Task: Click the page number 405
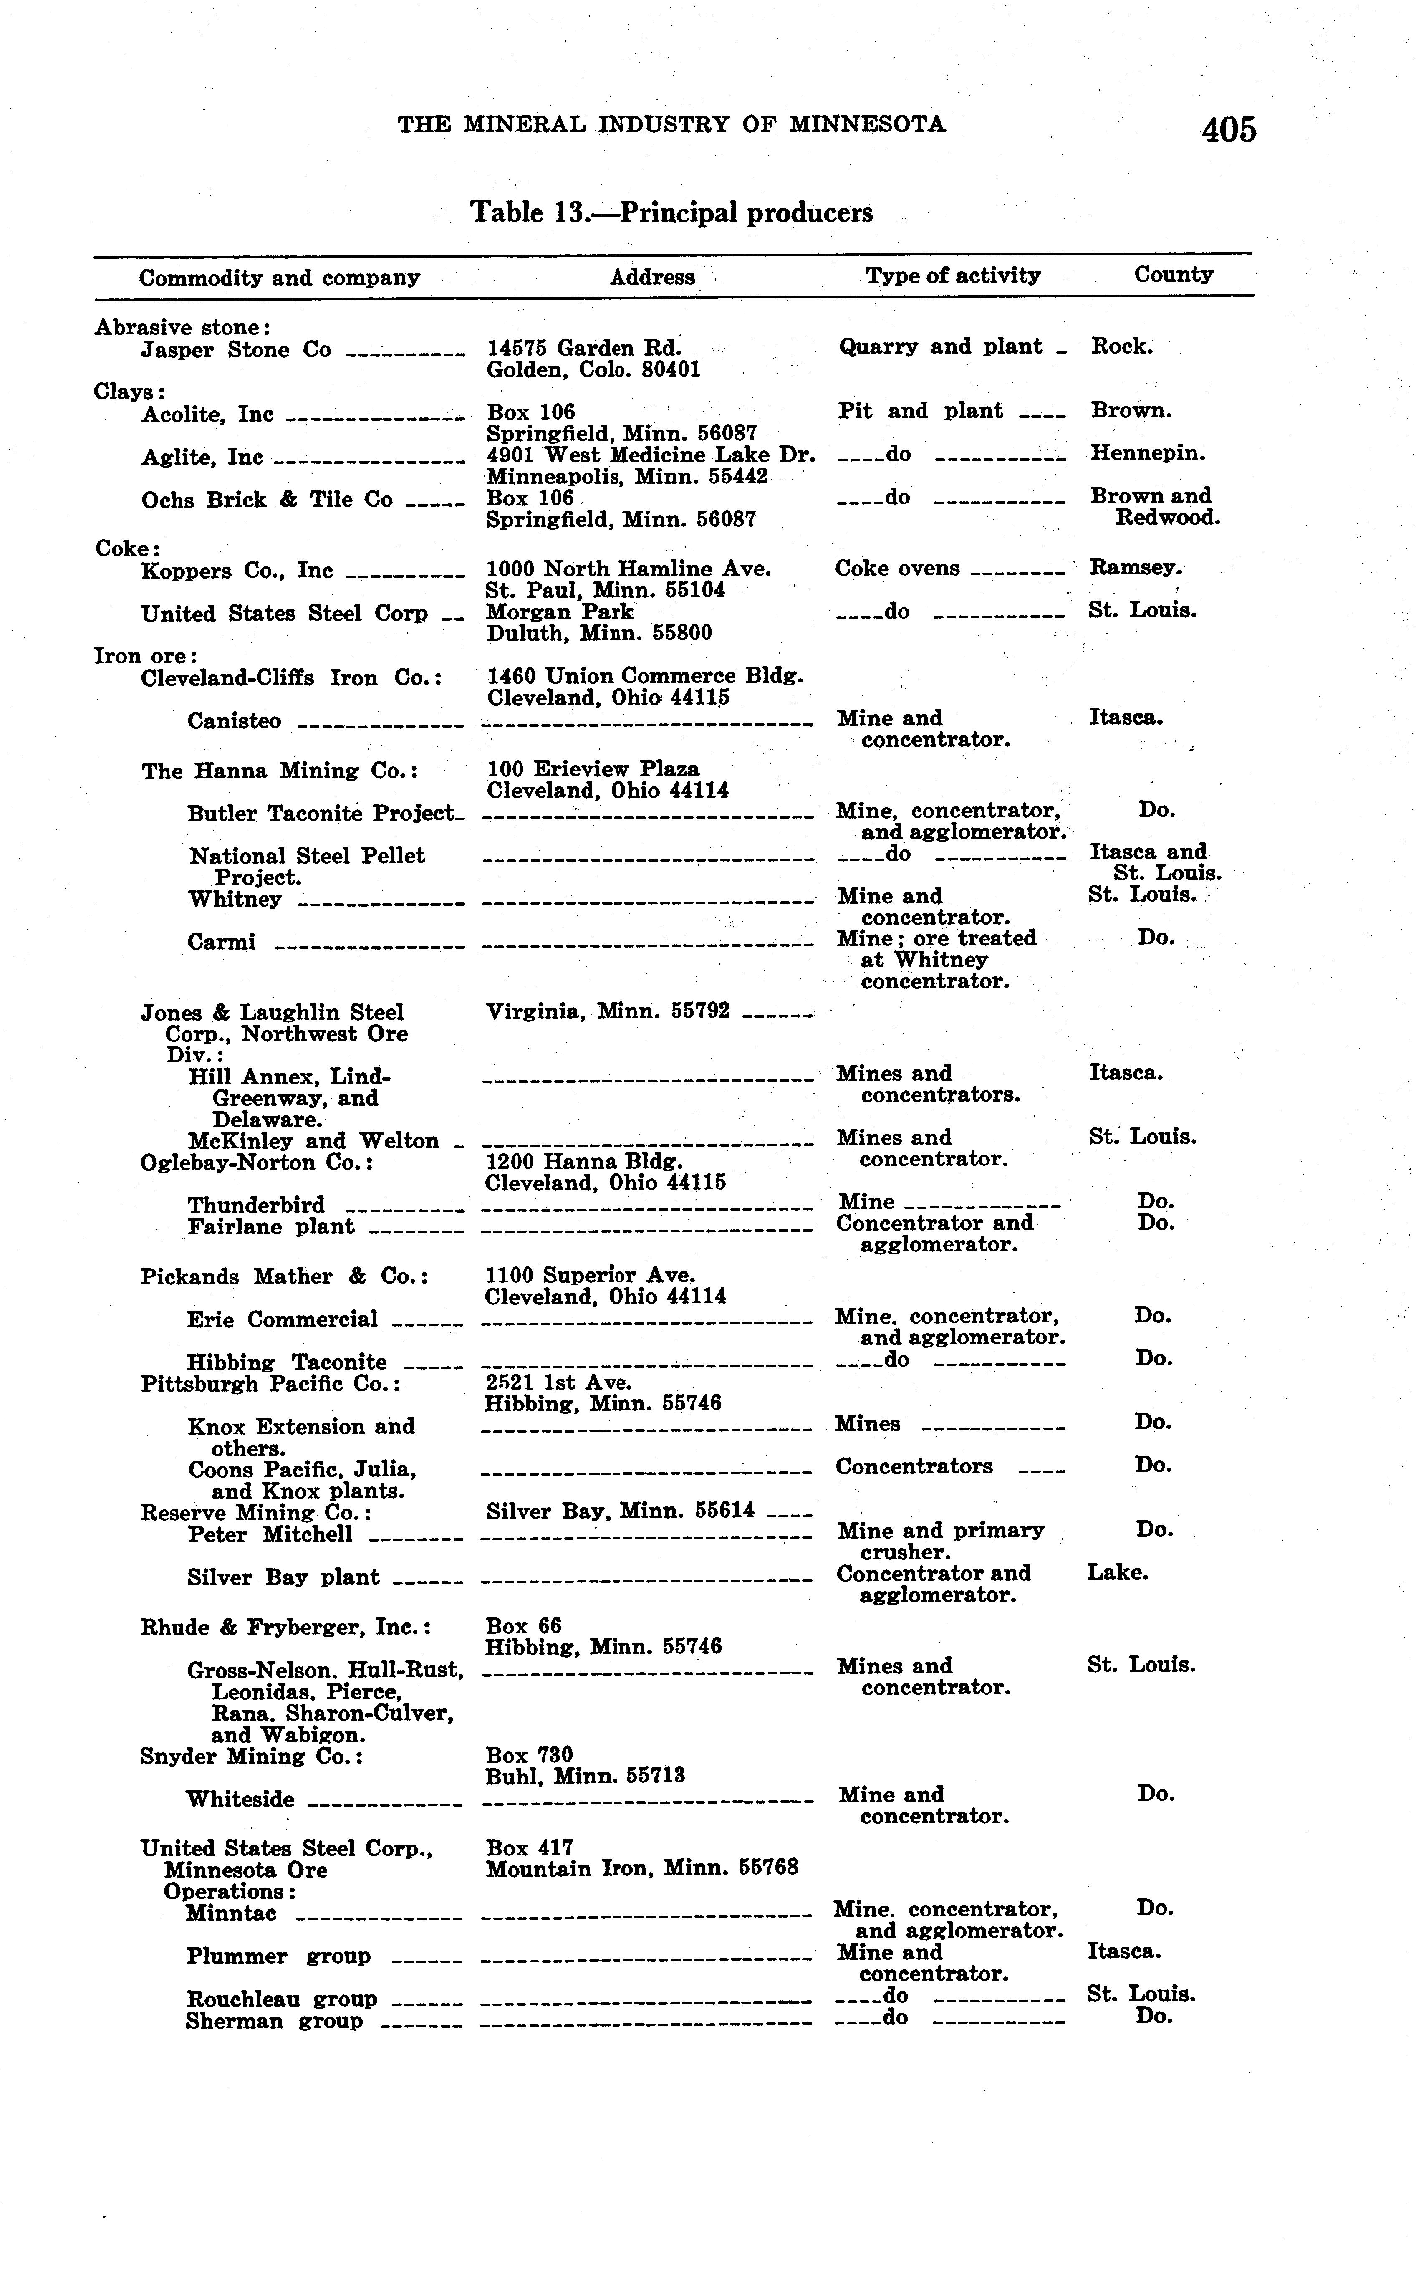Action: (x=1229, y=129)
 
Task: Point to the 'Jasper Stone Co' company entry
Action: (x=236, y=350)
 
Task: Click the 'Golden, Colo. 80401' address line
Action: (x=593, y=369)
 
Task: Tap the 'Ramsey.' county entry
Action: (x=1135, y=568)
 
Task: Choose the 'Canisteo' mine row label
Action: (x=233, y=721)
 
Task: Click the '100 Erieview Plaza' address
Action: (x=593, y=770)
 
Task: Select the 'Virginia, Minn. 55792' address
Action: (x=608, y=1011)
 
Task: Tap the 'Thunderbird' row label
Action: (x=256, y=1204)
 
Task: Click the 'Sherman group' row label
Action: (x=273, y=2021)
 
